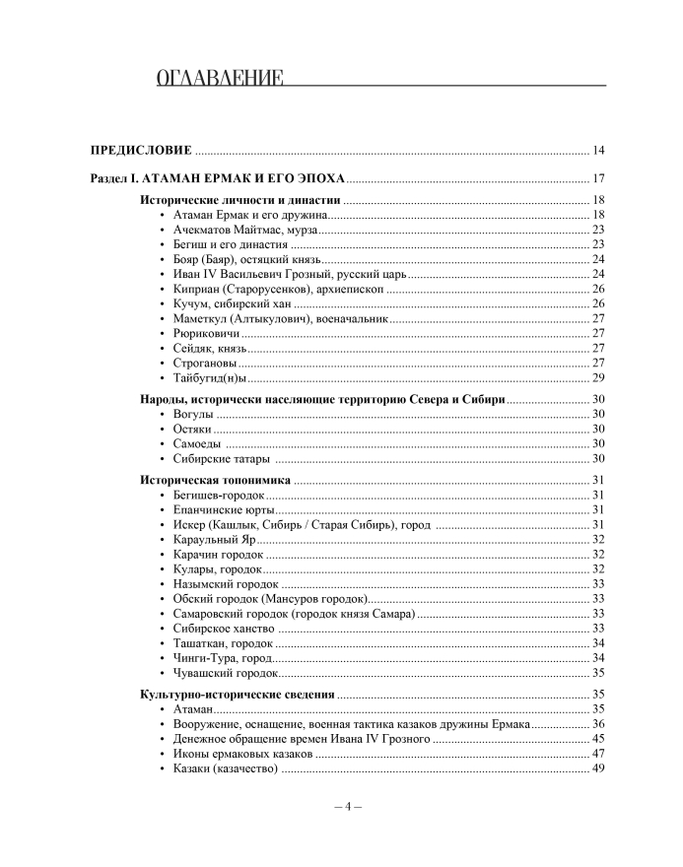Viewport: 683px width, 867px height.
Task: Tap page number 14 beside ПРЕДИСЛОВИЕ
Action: click(x=598, y=151)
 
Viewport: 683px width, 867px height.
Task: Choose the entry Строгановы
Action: click(x=205, y=364)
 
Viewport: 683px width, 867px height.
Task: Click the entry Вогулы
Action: click(x=193, y=415)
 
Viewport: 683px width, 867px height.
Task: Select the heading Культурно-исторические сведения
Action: click(x=237, y=695)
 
